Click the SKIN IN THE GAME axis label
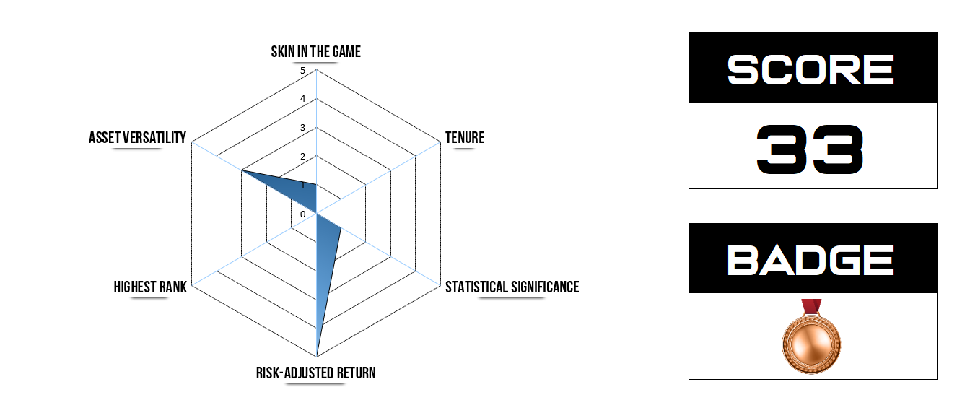(315, 52)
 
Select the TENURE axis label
(464, 138)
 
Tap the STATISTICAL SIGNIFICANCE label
(512, 287)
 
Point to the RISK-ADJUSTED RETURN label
(315, 373)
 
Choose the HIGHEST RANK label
(150, 287)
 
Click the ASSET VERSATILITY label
(137, 138)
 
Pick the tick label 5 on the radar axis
(303, 71)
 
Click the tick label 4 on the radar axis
(303, 99)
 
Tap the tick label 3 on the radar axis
(303, 128)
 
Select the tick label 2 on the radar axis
(303, 157)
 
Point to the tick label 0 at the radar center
(303, 214)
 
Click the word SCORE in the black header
(811, 71)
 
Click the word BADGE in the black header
(811, 261)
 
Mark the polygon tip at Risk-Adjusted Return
(317, 356)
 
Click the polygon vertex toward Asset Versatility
(242, 171)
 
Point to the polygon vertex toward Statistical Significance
(341, 228)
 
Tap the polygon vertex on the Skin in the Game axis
(317, 185)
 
